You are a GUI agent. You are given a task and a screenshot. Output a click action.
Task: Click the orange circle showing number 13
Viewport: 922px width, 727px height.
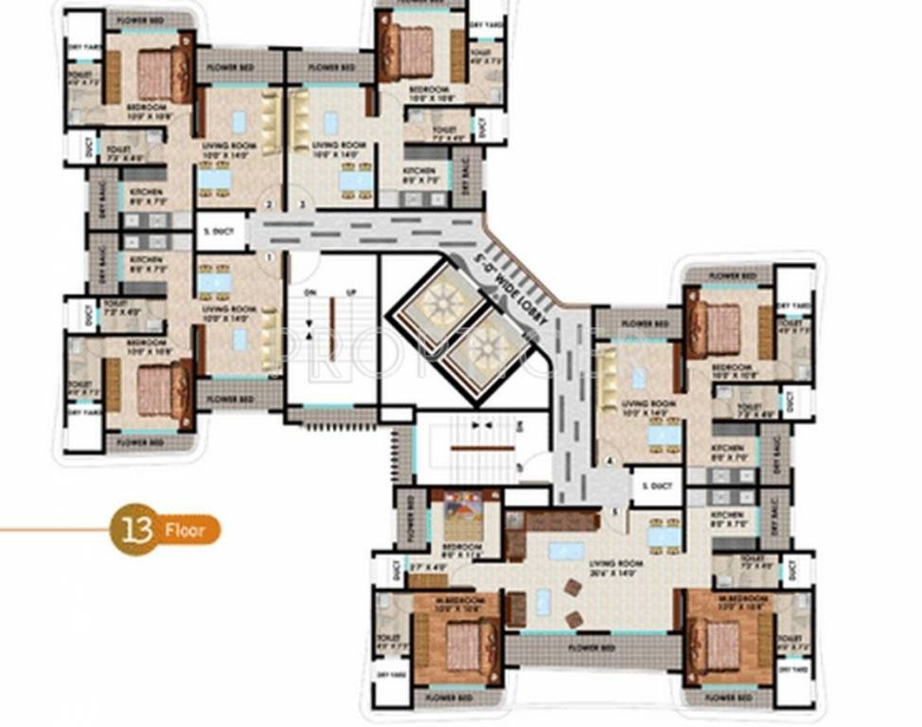(133, 528)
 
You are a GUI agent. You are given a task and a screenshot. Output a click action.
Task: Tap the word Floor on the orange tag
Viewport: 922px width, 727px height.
(186, 529)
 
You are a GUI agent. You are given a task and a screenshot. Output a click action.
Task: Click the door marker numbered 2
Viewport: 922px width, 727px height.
(270, 204)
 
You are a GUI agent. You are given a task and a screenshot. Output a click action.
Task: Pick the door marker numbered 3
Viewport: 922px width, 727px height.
(301, 204)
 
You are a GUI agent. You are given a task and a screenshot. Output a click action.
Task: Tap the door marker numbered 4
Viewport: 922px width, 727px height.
(611, 461)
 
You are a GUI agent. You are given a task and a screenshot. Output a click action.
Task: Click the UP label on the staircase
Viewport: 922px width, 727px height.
(351, 293)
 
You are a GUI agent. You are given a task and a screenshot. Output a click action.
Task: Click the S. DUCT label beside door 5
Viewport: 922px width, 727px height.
(656, 488)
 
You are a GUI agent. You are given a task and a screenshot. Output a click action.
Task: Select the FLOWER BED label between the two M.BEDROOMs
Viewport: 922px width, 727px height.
(594, 647)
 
